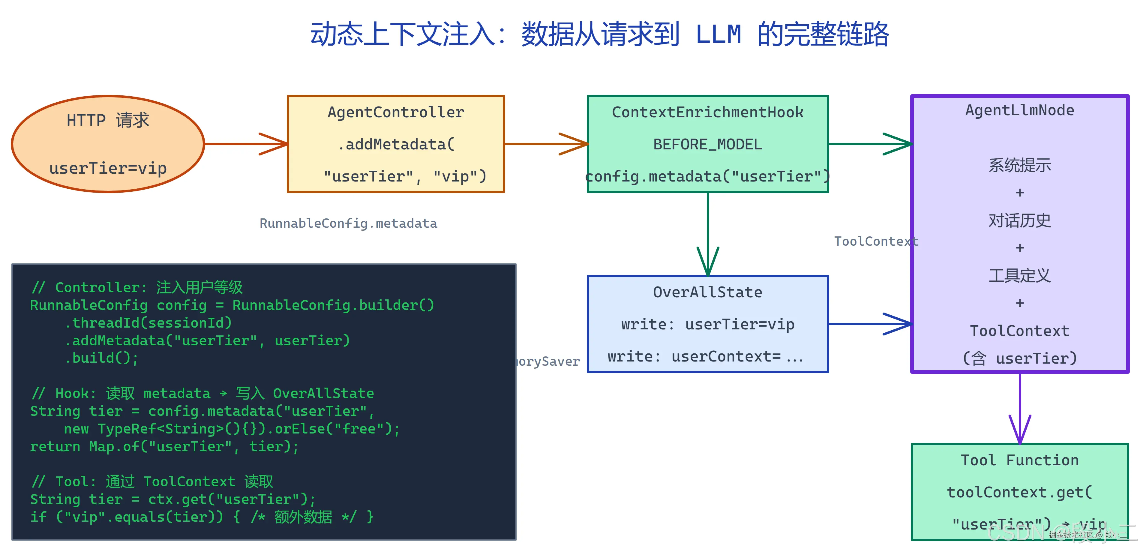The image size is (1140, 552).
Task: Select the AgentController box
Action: [396, 144]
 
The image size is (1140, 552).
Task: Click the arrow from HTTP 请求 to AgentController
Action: [246, 144]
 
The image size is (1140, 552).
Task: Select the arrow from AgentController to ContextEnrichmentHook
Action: [546, 144]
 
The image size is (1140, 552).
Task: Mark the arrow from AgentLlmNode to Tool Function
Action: [1020, 407]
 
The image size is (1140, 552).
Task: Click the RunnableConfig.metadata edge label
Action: [348, 223]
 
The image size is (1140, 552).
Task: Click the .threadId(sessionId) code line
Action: [148, 323]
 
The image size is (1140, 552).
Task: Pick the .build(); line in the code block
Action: [101, 358]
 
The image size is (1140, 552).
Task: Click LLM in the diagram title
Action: [718, 34]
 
